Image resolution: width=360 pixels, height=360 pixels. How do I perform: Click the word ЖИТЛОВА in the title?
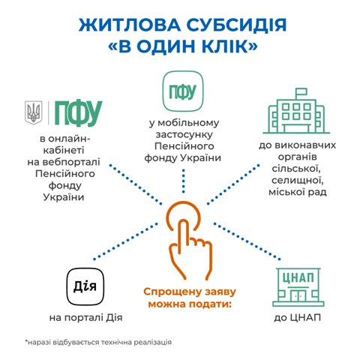(x=130, y=25)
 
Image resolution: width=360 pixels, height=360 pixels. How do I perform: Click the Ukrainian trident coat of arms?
(x=34, y=112)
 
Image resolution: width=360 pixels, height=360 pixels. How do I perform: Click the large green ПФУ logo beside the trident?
(x=79, y=112)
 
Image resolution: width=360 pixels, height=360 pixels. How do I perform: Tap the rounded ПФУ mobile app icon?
(x=183, y=91)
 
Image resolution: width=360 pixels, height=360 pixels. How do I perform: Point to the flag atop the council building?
(x=301, y=92)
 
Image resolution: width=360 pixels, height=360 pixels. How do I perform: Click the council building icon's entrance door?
(x=296, y=128)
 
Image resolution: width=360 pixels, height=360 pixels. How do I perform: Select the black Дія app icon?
(x=85, y=286)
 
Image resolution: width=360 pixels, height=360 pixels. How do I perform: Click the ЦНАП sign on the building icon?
(x=298, y=277)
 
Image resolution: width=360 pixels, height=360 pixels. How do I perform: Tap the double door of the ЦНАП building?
(x=298, y=295)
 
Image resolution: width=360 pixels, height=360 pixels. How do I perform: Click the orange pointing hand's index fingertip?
(x=184, y=223)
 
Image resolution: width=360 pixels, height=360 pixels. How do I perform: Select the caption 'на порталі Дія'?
(x=85, y=318)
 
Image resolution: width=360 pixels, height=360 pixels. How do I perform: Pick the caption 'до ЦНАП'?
(x=298, y=318)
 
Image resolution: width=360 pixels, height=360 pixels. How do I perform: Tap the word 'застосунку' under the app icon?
(x=184, y=134)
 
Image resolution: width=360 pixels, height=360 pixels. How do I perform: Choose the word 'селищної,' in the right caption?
(x=298, y=181)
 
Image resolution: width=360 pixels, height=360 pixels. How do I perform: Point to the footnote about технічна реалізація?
(x=98, y=342)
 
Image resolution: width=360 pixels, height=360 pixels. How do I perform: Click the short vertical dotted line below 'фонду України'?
(x=184, y=181)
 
